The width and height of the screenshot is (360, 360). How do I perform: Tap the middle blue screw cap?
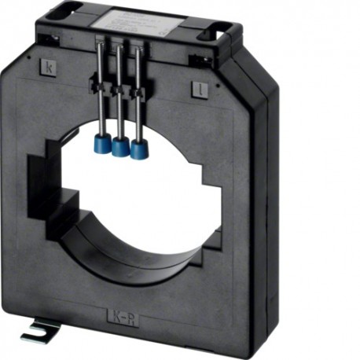pos(120,146)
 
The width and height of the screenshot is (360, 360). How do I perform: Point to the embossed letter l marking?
pos(200,90)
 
